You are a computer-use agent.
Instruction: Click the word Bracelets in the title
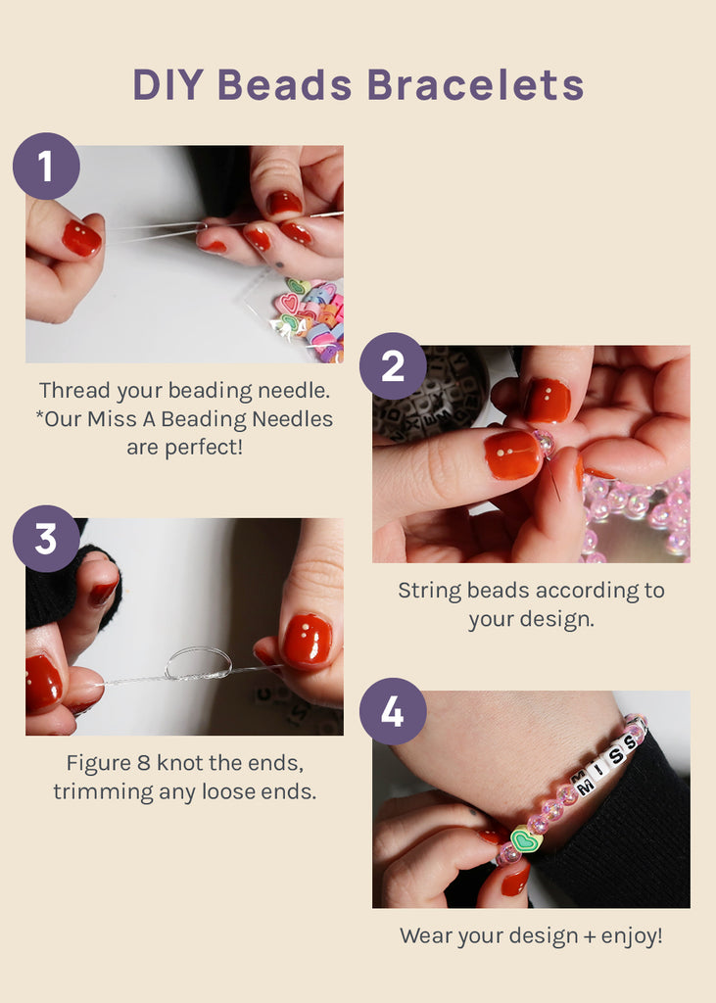coord(475,85)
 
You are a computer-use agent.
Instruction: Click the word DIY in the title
coord(168,85)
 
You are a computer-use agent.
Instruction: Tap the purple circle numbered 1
coord(46,167)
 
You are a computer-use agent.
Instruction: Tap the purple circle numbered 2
coord(393,366)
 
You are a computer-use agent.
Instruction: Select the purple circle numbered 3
coord(46,539)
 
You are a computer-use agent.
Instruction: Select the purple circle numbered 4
coord(393,711)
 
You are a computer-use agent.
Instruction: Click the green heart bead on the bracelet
coord(527,840)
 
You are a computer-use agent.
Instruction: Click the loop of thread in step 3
coord(198,663)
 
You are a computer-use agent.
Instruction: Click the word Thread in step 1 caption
coord(74,391)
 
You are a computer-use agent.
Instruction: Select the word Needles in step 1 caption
coord(295,419)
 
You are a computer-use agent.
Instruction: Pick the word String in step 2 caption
coord(428,591)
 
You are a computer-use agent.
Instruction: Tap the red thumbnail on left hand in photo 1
coord(81,238)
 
